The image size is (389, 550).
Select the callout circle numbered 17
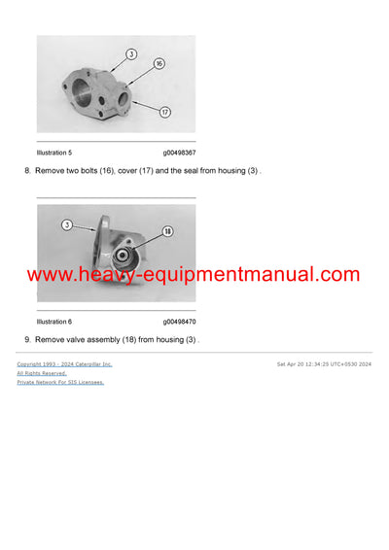pyautogui.click(x=164, y=112)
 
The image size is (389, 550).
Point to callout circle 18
pyautogui.click(x=167, y=232)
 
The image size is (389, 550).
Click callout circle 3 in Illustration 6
pyautogui.click(x=67, y=224)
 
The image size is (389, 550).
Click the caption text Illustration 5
pyautogui.click(x=53, y=153)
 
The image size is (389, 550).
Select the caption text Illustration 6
pyautogui.click(x=53, y=321)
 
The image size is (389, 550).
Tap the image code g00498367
pyautogui.click(x=179, y=153)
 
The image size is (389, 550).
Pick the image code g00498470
pyautogui.click(x=179, y=321)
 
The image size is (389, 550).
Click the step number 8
pyautogui.click(x=27, y=171)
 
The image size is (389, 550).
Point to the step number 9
pyautogui.click(x=27, y=339)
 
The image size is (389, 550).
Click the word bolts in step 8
pyautogui.click(x=95, y=171)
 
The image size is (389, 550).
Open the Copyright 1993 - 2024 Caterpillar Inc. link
pyautogui.click(x=64, y=363)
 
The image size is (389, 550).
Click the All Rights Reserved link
pyautogui.click(x=42, y=373)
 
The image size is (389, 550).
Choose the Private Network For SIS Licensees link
pyautogui.click(x=60, y=382)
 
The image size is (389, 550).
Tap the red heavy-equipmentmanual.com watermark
pyautogui.click(x=194, y=275)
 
